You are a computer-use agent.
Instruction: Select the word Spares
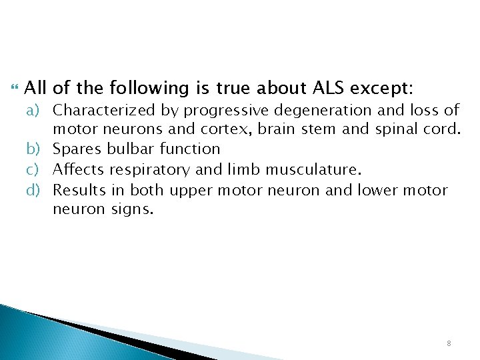pyautogui.click(x=75, y=149)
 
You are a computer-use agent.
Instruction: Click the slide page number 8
pyautogui.click(x=449, y=342)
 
